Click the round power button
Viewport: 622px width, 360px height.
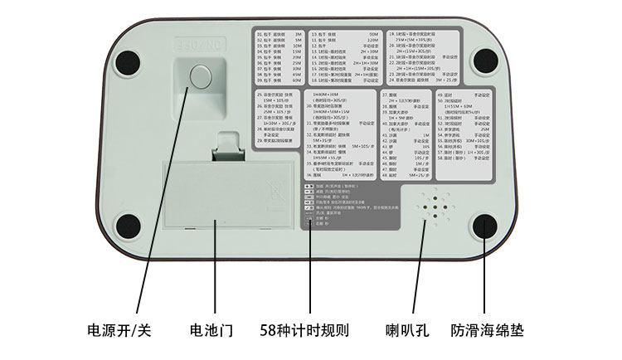200,75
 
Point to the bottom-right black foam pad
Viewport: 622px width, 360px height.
486,226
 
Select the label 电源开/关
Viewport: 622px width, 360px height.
120,329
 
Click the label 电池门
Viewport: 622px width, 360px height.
211,329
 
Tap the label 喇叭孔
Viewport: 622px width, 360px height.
406,329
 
